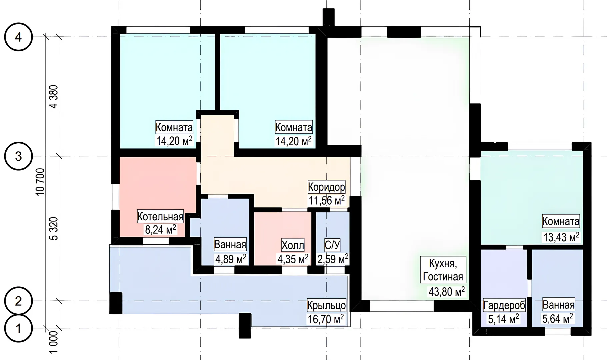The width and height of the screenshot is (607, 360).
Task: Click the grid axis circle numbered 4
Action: [18, 37]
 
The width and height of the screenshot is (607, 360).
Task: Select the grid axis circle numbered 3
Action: [18, 156]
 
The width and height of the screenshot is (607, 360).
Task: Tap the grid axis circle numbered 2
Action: [18, 301]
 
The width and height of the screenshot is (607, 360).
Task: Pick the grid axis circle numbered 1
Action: [18, 328]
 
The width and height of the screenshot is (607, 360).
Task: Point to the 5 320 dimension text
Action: [53, 228]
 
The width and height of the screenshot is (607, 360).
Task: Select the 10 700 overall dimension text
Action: [40, 182]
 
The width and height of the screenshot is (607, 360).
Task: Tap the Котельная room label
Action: [160, 217]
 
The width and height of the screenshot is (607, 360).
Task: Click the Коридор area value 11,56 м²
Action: [327, 200]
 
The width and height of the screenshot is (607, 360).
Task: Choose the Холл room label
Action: [293, 245]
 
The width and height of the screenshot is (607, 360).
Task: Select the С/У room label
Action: [332, 245]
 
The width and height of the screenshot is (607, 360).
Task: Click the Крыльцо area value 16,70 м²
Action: [326, 319]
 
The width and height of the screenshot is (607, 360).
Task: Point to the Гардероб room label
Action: [504, 305]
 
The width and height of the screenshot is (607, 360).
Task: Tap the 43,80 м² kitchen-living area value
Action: [447, 292]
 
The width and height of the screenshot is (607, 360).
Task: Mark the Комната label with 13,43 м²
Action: [561, 221]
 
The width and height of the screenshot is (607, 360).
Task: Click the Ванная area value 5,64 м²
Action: [558, 319]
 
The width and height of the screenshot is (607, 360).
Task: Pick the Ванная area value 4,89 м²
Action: [231, 259]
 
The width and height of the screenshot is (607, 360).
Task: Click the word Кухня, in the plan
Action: [442, 263]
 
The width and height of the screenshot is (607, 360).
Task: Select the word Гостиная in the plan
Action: [443, 276]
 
